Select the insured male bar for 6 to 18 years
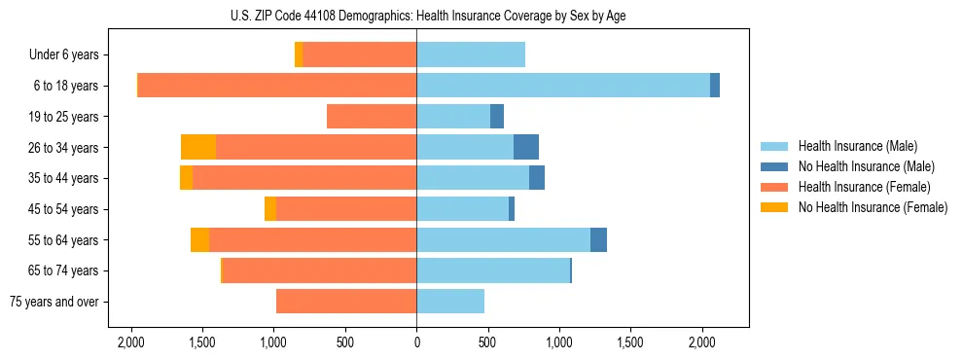563,86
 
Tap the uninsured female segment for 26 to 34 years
198,147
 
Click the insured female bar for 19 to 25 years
372,117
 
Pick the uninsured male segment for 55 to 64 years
598,239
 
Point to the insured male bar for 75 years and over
450,302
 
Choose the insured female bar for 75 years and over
346,302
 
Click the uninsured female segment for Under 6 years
299,54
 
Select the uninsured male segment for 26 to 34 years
526,147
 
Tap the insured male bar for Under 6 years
471,54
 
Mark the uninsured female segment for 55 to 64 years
199,239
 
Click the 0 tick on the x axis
416,342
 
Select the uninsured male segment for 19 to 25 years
497,117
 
